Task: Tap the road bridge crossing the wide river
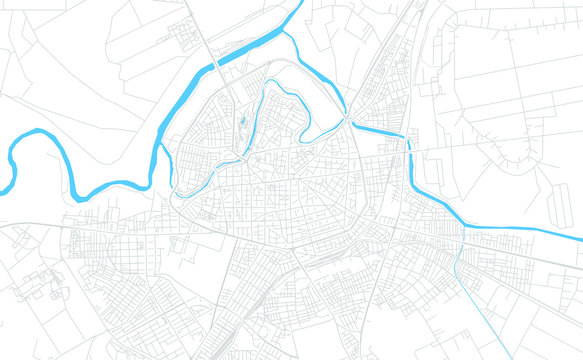click(x=217, y=64)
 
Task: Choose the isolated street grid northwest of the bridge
click(x=185, y=36)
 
